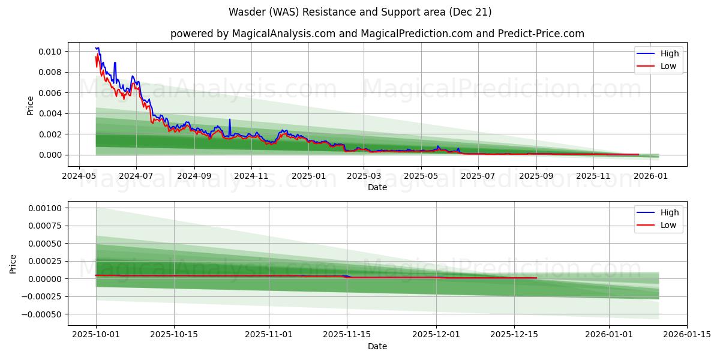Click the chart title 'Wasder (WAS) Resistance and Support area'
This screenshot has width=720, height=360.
tap(360, 12)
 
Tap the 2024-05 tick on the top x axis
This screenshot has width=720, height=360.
tap(79, 176)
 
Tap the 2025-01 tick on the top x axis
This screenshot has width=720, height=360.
tap(308, 176)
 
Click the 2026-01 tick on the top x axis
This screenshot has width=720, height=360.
tap(650, 176)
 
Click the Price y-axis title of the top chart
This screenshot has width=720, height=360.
tap(31, 106)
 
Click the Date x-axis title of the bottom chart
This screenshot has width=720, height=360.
tap(377, 346)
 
